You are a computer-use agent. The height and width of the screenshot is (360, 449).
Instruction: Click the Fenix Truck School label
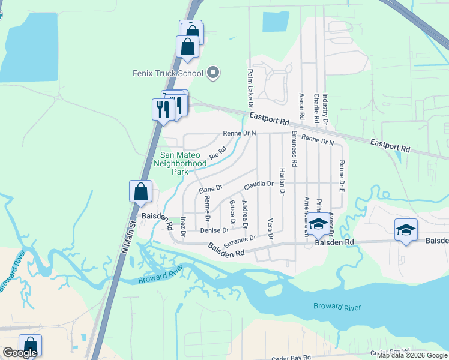point(168,74)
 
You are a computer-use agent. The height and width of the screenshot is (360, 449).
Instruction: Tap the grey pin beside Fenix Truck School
point(212,74)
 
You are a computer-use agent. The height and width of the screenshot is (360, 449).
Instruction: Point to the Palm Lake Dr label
point(249,84)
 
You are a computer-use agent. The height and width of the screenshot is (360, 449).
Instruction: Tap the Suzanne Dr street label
point(240,241)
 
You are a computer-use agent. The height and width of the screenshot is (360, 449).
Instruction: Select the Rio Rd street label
point(217,153)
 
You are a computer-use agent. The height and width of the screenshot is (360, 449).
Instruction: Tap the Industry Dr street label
point(325,109)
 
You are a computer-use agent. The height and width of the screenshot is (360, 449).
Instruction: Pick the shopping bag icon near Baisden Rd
point(140,191)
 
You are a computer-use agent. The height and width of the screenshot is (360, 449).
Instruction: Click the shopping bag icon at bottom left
point(30,346)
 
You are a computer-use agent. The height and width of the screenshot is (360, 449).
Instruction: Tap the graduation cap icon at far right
point(406,229)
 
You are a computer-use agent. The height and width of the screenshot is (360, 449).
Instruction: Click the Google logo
point(19,353)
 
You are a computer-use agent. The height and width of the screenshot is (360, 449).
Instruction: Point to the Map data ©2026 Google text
point(412,355)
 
